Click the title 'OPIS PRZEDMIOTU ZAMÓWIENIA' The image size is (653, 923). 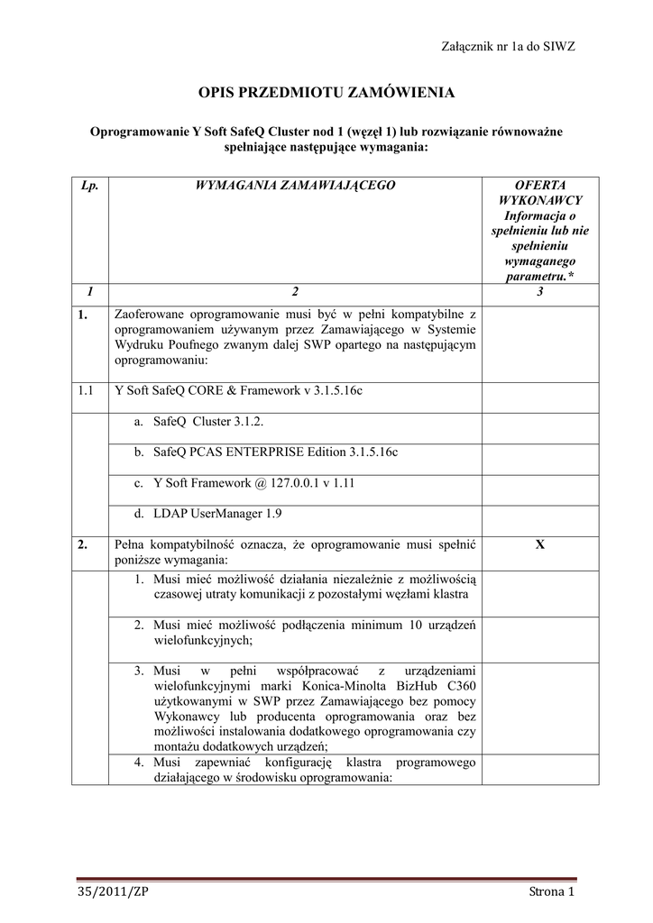coord(326,93)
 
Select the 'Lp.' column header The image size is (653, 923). coord(89,185)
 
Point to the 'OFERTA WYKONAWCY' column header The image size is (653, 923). coord(540,192)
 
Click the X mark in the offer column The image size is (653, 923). coord(540,545)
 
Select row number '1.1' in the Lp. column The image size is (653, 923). coord(87,391)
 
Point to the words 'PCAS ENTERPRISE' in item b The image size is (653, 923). coord(247,452)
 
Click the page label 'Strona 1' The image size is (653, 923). coord(551,892)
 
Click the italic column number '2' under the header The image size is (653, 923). coord(295,292)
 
